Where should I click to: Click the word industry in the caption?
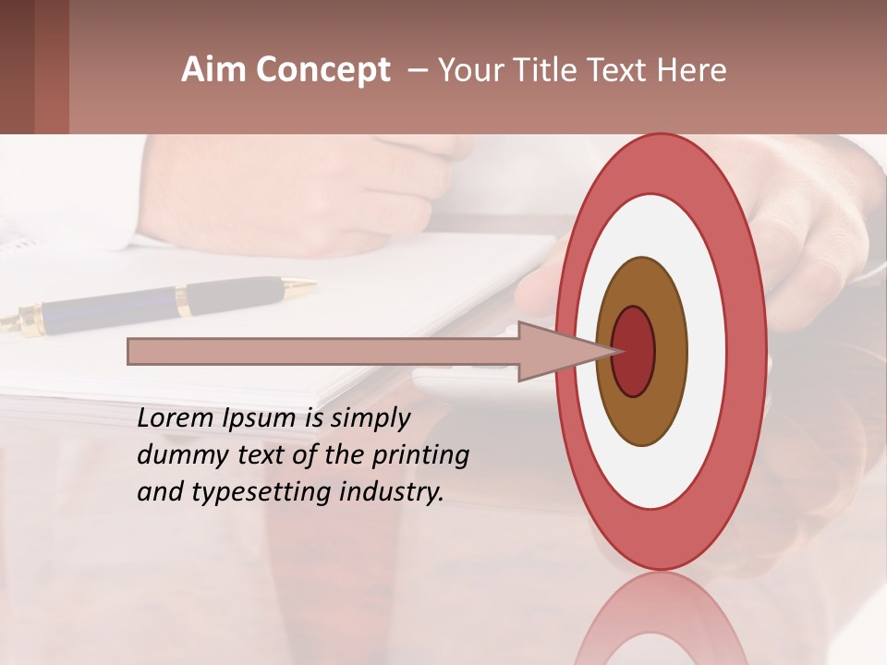click(x=392, y=492)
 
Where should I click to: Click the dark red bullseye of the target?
click(x=634, y=352)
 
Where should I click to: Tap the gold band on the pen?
click(x=183, y=300)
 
